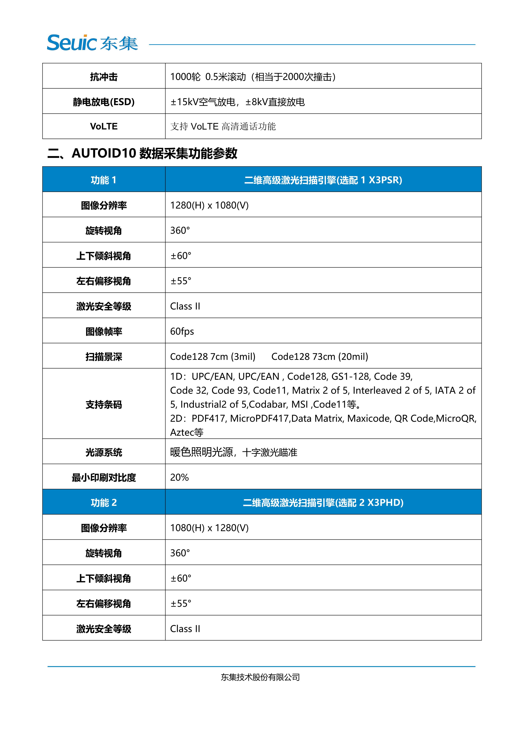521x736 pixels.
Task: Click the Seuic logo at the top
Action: (92, 43)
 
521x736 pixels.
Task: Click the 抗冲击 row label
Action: (104, 77)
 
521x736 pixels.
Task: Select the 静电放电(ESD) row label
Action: (104, 102)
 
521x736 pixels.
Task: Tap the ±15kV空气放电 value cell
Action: (238, 102)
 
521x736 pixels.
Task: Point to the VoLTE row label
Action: (104, 126)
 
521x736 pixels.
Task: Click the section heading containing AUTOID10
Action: (142, 153)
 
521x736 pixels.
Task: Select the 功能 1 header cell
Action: (104, 180)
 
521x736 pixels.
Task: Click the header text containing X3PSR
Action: (323, 180)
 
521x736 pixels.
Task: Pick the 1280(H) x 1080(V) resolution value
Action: (209, 205)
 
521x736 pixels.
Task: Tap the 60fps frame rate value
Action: (182, 331)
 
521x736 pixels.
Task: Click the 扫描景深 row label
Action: (104, 356)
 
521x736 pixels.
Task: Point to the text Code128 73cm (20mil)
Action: (320, 356)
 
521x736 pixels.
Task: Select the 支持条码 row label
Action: (104, 405)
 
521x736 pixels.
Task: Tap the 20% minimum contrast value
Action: (179, 477)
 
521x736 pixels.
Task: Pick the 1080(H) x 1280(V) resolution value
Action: (209, 528)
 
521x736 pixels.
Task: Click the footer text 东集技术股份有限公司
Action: (260, 677)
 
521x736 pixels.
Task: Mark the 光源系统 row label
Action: (104, 452)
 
